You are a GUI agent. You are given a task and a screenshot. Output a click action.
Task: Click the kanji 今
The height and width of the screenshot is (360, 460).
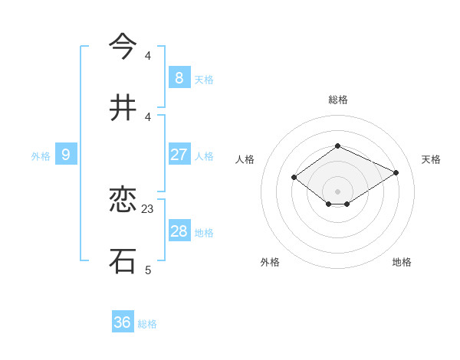(x=123, y=46)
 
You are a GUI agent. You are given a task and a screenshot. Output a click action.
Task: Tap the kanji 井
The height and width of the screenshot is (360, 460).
(x=123, y=108)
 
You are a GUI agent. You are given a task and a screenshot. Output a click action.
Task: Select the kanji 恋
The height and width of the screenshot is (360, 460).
(x=123, y=201)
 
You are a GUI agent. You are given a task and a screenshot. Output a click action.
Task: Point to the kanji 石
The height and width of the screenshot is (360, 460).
(x=123, y=260)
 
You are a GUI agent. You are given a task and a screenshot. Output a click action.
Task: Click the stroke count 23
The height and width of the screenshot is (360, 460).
(x=148, y=208)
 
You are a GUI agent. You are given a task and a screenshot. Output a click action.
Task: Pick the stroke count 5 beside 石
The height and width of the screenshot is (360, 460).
(x=148, y=270)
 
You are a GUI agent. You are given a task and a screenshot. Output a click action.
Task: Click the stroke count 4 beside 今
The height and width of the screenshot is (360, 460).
(x=148, y=55)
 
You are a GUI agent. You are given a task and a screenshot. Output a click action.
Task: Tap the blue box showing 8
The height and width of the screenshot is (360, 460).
(x=179, y=77)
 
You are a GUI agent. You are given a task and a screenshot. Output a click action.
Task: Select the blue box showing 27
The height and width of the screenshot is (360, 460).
(x=179, y=154)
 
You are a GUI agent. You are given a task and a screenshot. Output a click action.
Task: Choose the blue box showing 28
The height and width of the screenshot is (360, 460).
(x=179, y=231)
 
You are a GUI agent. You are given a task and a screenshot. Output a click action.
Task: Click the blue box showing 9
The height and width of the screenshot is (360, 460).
(x=66, y=155)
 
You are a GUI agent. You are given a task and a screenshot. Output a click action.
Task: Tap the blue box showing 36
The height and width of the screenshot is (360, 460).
(x=123, y=322)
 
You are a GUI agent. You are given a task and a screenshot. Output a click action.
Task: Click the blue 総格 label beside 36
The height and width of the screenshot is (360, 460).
(x=147, y=324)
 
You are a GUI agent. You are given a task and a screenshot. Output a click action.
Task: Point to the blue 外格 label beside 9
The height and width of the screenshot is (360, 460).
(x=41, y=156)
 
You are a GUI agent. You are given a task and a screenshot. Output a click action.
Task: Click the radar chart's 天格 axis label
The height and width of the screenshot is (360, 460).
(x=431, y=159)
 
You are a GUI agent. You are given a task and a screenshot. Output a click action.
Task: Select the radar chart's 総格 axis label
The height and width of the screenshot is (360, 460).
(x=338, y=100)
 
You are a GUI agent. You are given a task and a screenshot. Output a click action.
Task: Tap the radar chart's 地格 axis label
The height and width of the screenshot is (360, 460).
(x=402, y=262)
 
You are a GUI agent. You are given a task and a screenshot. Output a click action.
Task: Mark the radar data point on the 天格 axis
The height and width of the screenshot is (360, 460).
(x=396, y=172)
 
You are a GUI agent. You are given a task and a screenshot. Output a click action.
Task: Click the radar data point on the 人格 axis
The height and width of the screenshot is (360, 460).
(x=294, y=178)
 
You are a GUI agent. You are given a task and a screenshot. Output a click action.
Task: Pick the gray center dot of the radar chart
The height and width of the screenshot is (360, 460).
(x=338, y=191)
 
